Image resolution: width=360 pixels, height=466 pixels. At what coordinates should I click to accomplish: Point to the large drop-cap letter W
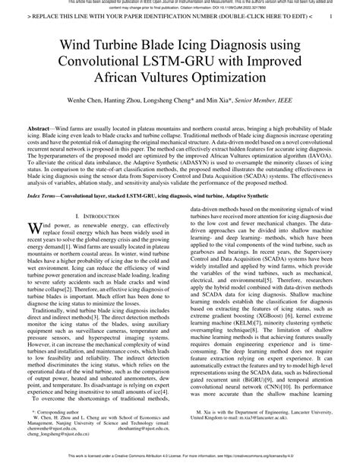[x=33, y=228]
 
